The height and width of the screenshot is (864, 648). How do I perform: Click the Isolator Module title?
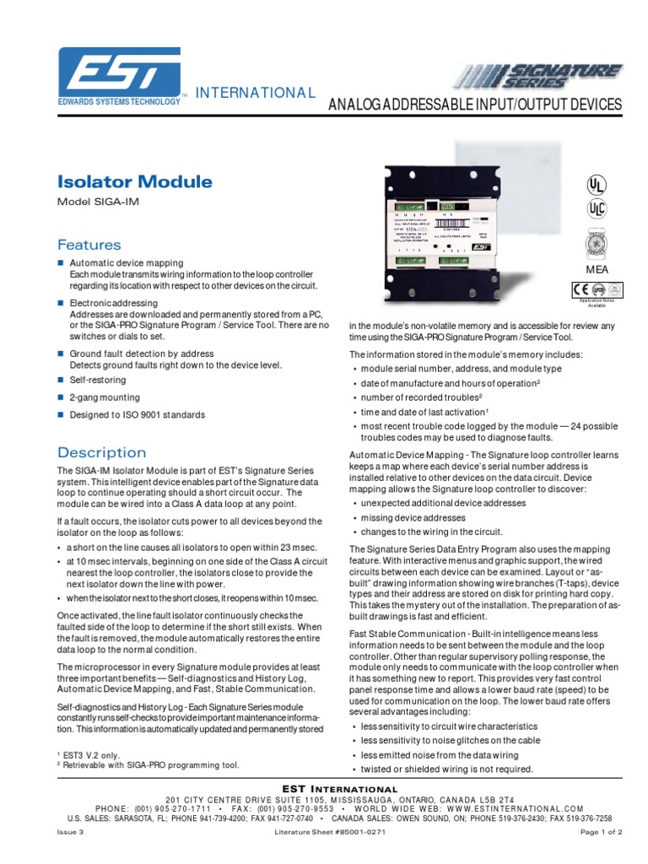click(134, 181)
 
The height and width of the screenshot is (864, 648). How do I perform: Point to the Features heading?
click(89, 245)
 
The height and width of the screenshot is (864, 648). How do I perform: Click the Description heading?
click(101, 452)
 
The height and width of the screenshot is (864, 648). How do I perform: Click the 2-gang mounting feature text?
click(105, 397)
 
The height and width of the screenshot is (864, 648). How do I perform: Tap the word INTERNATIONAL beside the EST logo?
click(256, 93)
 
